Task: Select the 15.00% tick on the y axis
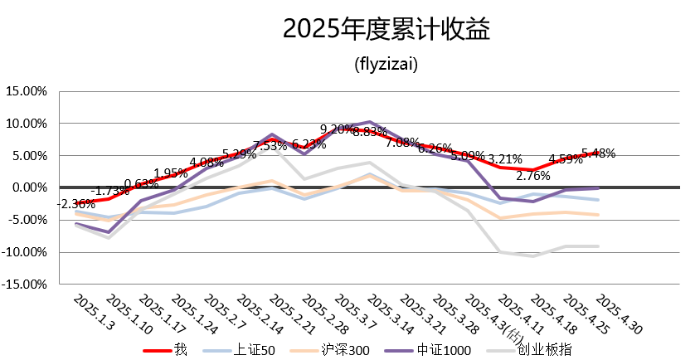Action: (x=27, y=91)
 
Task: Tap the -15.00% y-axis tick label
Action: (x=27, y=284)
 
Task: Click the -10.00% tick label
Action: (x=27, y=251)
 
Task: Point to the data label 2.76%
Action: (x=534, y=176)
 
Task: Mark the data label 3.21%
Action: (x=504, y=158)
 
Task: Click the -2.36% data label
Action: (x=75, y=204)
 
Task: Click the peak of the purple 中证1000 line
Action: (x=370, y=122)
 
